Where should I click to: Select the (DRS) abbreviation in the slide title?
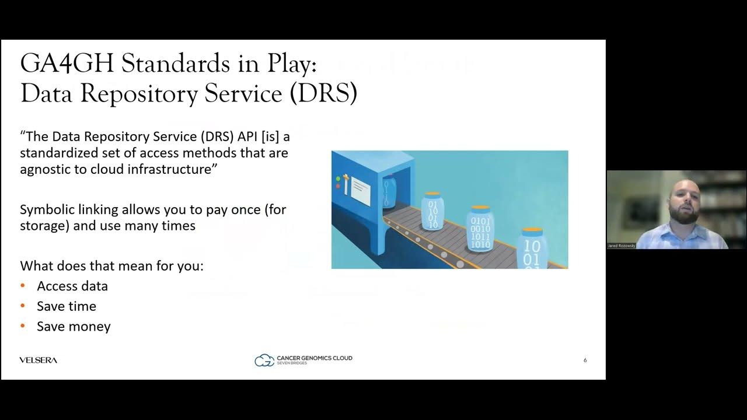(323, 93)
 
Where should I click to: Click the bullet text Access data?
(72, 286)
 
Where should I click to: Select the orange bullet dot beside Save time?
(23, 306)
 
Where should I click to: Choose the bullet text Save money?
(74, 326)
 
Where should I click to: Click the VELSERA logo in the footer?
(39, 360)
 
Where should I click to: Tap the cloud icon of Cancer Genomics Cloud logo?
(264, 360)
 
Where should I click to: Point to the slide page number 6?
(585, 360)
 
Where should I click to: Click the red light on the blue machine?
(338, 186)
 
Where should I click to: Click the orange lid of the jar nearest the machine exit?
(432, 194)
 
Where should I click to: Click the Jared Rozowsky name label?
(621, 246)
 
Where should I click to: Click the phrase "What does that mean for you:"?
(111, 266)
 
